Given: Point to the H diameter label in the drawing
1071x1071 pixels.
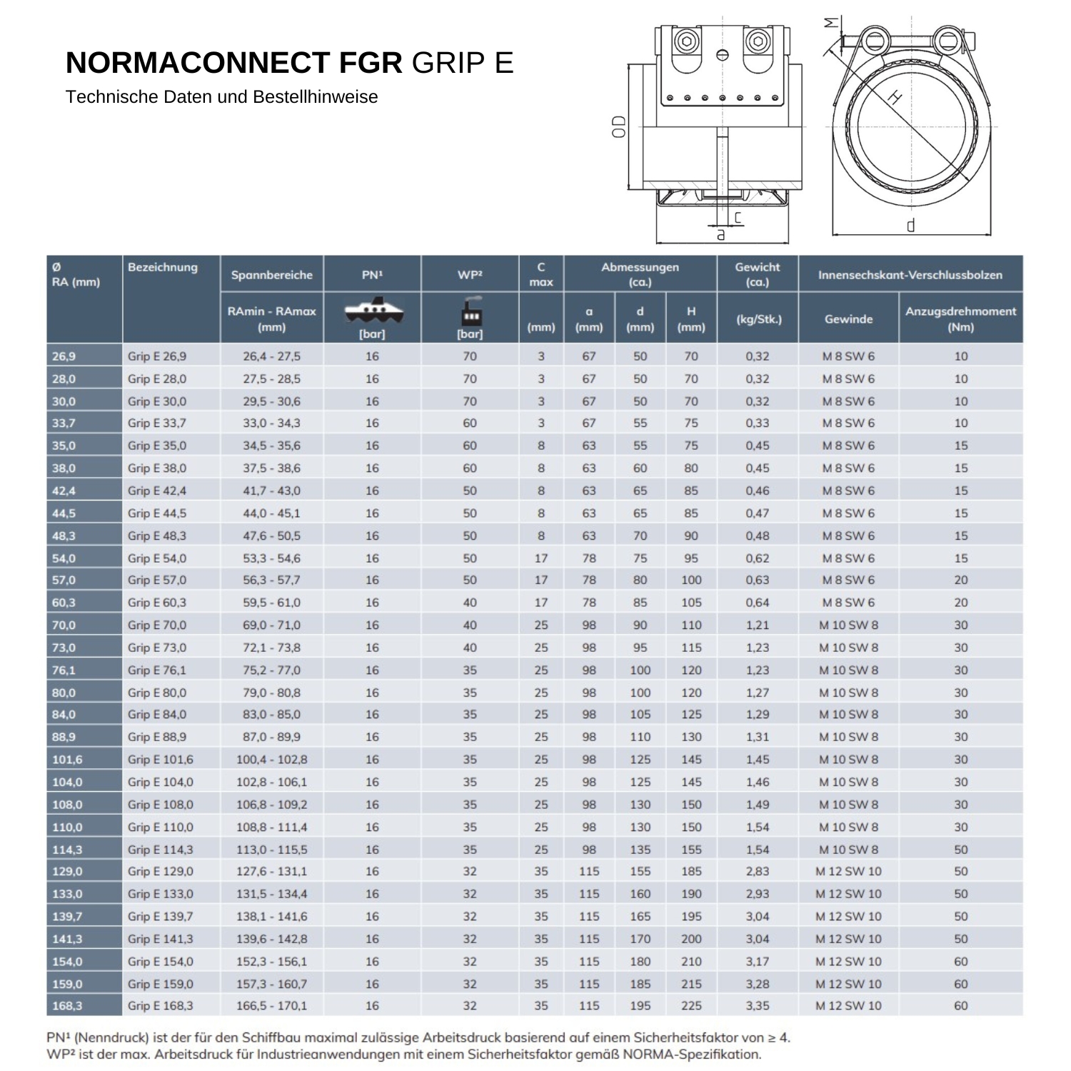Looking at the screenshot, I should point(895,97).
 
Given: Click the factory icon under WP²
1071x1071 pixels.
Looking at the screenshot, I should point(470,312).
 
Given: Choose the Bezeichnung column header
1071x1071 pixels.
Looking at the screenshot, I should point(163,268).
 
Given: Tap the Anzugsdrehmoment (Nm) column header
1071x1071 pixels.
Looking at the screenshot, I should point(960,318).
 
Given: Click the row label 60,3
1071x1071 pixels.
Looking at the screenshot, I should point(64,603).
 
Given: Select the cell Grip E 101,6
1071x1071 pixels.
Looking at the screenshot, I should point(161,760).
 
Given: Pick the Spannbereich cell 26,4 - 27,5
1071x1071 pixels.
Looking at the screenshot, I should point(271,356).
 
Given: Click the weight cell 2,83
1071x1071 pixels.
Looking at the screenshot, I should point(758,872).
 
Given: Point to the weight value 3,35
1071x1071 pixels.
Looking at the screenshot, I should point(758,1006).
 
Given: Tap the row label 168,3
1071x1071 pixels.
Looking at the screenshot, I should point(67,1006).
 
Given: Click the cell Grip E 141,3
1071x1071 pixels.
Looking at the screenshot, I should point(161,939).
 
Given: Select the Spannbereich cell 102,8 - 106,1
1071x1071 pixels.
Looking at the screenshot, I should point(271,783).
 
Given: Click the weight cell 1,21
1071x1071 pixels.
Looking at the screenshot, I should point(758,625).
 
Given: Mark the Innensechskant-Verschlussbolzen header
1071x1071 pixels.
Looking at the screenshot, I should point(910,275).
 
